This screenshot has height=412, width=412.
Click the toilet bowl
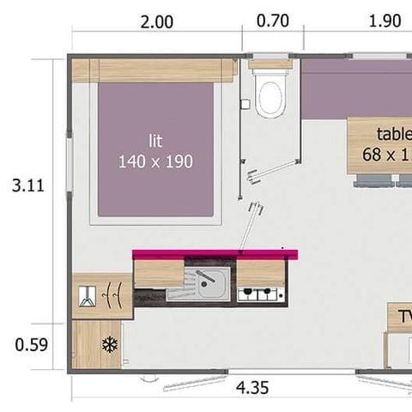pos(270,95)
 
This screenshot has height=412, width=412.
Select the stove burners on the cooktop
pos(260,294)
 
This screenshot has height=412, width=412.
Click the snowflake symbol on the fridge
pos(109,345)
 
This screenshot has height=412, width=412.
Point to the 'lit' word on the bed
pos(154,141)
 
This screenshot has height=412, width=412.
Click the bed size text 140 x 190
pos(154,161)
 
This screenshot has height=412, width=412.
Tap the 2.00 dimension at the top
pos(155,21)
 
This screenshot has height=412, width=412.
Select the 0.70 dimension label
pos(273,21)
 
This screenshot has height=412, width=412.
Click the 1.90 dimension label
pos(385,21)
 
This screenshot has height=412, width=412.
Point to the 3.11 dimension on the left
pos(28,185)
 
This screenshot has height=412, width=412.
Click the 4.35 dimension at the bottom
pos(251,388)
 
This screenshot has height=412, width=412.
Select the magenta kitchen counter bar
pos(215,253)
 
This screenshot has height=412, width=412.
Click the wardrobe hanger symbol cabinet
pos(101,296)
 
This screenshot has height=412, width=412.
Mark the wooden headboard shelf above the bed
pos(154,71)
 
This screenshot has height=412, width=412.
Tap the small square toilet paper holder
pos(245,103)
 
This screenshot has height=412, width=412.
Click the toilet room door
pos(253,172)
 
